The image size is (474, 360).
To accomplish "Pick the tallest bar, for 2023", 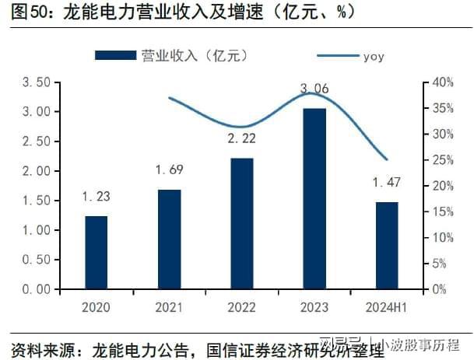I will [x=314, y=199].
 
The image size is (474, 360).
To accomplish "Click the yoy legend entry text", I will [x=374, y=56].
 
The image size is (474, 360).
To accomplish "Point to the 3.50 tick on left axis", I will [x=37, y=82].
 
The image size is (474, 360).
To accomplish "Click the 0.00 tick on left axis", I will [x=37, y=289].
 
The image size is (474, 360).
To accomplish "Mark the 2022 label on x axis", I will [x=243, y=307].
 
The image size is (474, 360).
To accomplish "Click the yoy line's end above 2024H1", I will [x=387, y=159].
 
